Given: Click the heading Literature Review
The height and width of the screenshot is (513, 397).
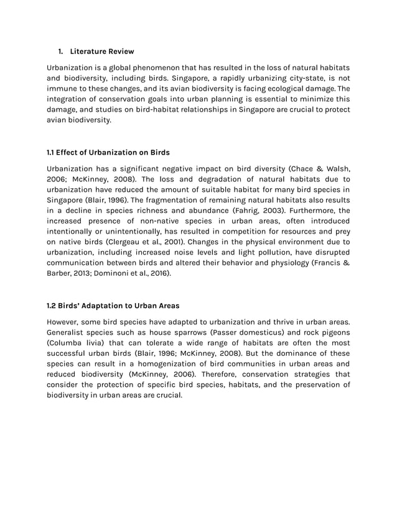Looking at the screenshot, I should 101,51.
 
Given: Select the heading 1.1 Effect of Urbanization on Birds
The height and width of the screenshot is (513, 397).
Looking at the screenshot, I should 108,152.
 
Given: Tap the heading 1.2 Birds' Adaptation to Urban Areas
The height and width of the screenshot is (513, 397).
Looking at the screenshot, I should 113,305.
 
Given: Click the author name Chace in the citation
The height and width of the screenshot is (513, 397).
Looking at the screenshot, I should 305,168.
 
